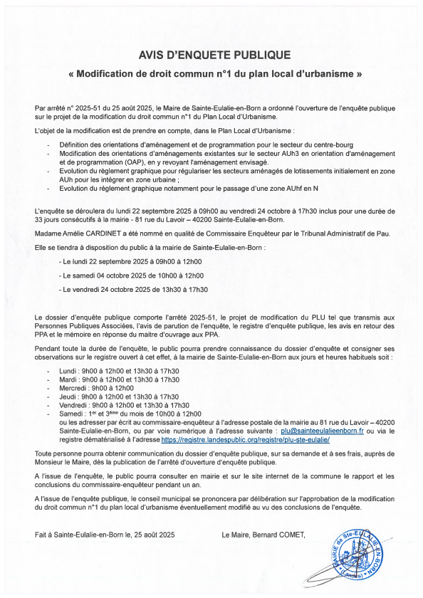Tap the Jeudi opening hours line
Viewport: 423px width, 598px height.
pyautogui.click(x=118, y=397)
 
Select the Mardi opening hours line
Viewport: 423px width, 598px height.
pyautogui.click(x=118, y=379)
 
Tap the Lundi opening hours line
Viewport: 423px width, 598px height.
pyautogui.click(x=118, y=371)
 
